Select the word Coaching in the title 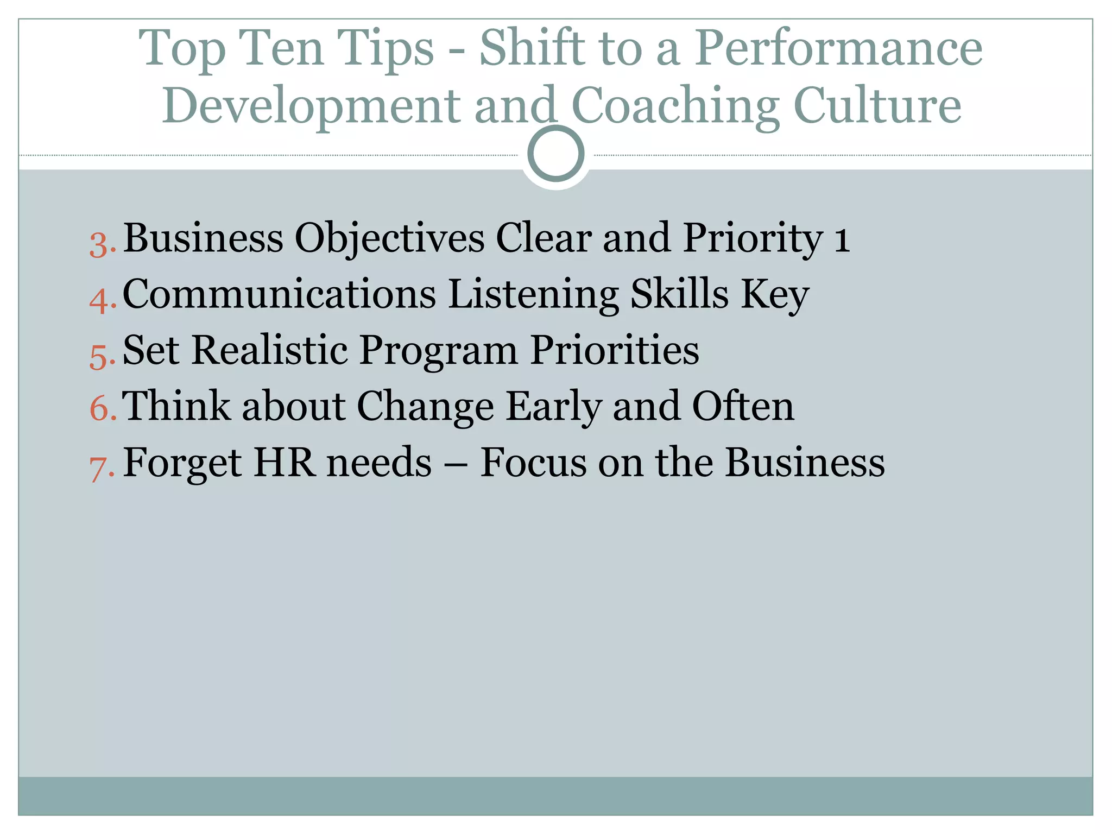[675, 106]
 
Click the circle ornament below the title [555, 154]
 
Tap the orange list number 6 [101, 408]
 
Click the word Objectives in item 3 [389, 239]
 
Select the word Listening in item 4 [533, 295]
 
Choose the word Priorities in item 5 [615, 350]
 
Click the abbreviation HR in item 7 [284, 463]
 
